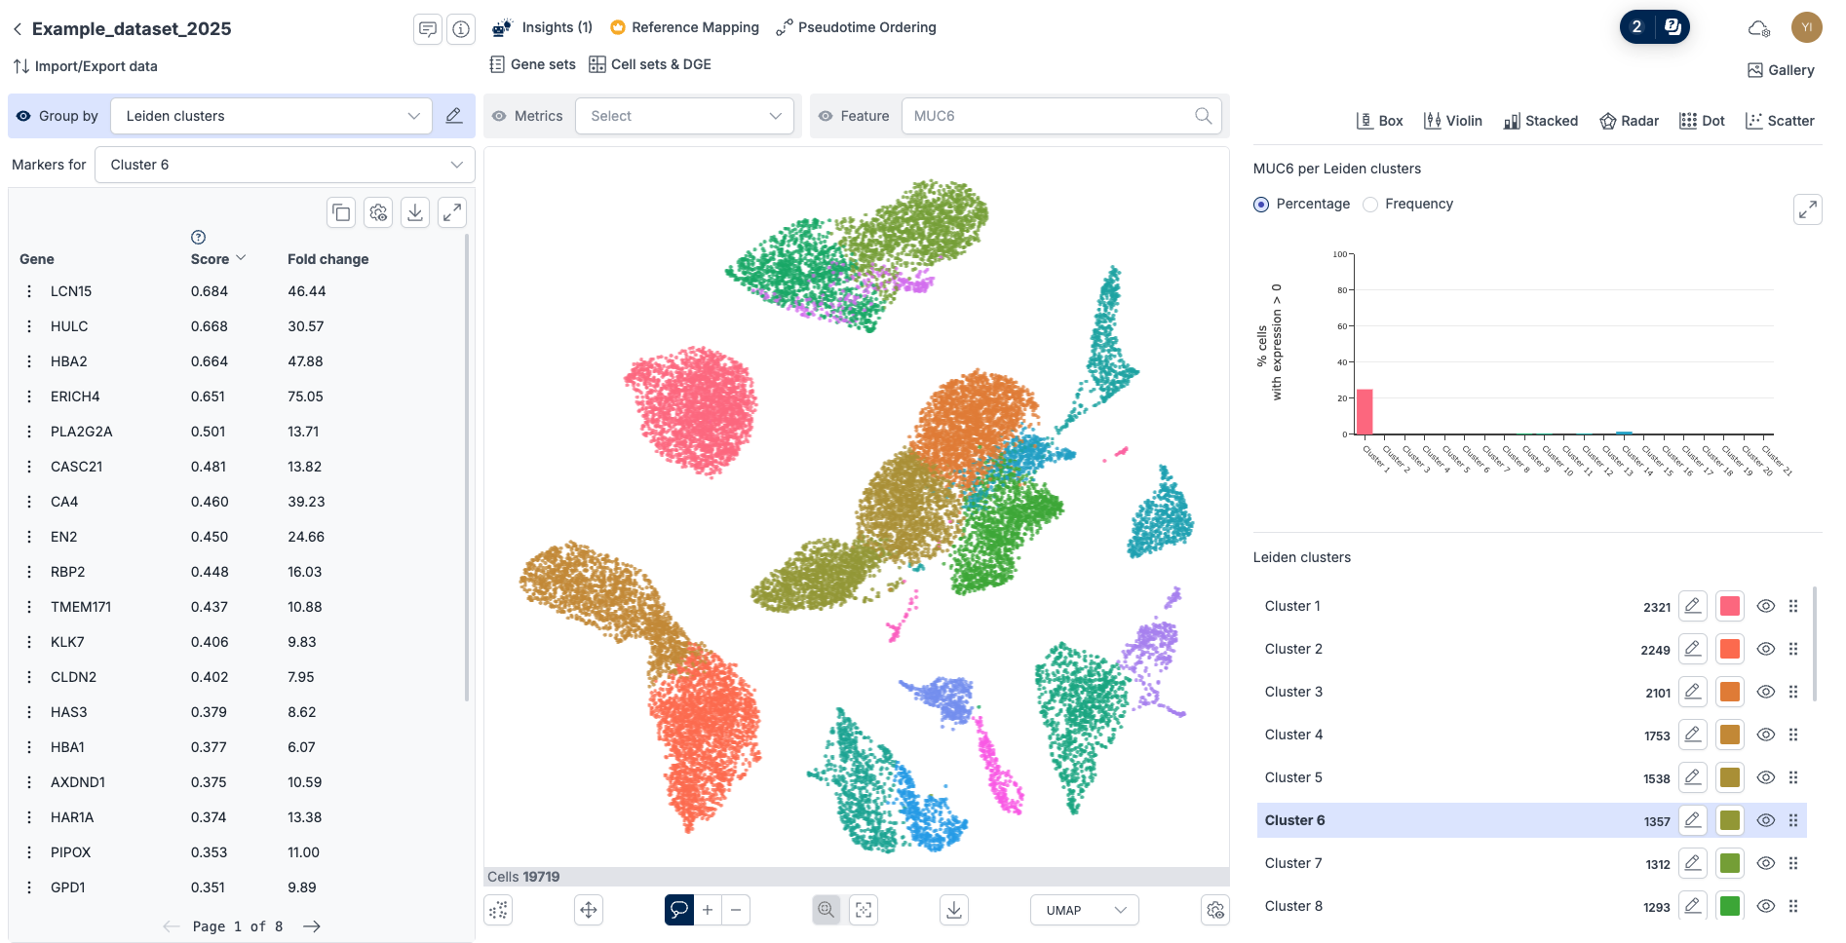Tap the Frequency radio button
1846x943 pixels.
[x=1370, y=205]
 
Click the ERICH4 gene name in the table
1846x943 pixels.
[x=75, y=396]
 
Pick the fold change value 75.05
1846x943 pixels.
[x=305, y=396]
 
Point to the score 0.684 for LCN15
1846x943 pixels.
[x=210, y=291]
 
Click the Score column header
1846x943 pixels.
[x=211, y=259]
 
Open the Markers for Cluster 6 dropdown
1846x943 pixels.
[x=285, y=165]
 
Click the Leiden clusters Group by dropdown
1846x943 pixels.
[x=271, y=116]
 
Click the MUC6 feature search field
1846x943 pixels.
[x=1051, y=116]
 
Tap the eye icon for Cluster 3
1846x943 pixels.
[x=1765, y=692]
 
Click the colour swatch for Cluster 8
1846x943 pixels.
[x=1730, y=906]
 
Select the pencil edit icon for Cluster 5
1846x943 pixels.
[x=1693, y=777]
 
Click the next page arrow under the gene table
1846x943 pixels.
[x=312, y=926]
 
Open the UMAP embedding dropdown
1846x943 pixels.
[x=1084, y=910]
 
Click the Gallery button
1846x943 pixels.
[x=1781, y=70]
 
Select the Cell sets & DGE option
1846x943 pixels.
[x=650, y=64]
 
